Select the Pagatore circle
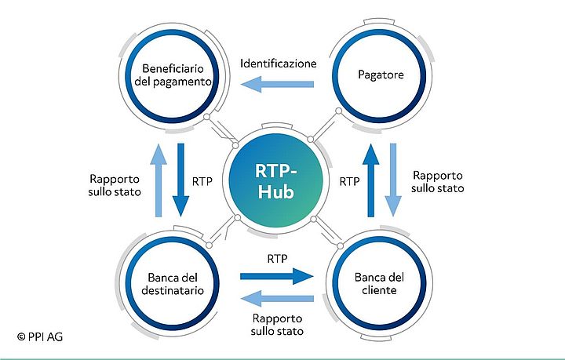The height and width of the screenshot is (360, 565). point(381,75)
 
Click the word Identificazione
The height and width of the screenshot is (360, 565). point(279,63)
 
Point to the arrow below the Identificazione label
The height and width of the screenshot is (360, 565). point(279,85)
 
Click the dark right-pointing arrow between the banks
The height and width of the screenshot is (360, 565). point(276,275)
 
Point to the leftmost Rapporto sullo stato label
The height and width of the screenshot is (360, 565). point(115,184)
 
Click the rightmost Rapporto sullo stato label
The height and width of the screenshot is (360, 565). point(438,181)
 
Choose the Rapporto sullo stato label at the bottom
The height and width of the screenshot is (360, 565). point(278,325)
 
